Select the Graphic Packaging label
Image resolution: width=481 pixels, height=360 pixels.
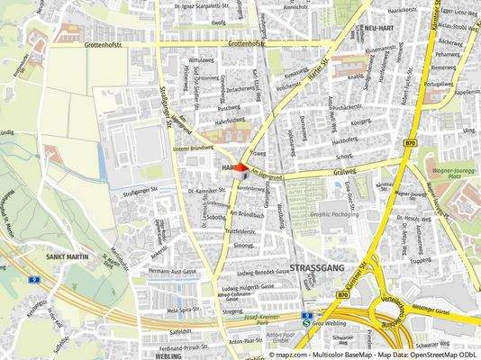tap(334, 214)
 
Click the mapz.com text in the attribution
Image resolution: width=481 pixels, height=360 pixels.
tap(290, 355)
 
